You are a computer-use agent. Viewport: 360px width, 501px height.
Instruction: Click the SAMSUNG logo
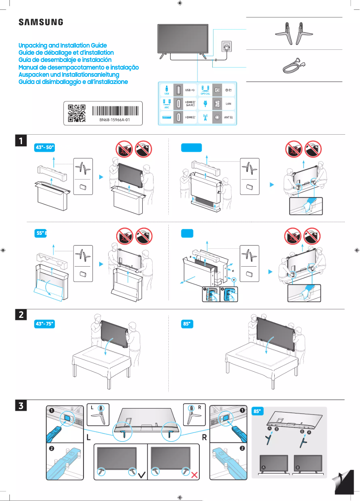tap(40, 22)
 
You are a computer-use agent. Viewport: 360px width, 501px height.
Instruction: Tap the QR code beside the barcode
tap(76, 114)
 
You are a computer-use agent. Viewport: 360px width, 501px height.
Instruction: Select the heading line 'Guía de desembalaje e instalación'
tap(65, 60)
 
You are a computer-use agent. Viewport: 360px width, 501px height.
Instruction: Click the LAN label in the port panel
tap(228, 103)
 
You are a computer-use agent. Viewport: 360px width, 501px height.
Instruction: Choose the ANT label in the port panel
tap(228, 117)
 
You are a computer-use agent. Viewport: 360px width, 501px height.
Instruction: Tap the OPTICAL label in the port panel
tap(206, 93)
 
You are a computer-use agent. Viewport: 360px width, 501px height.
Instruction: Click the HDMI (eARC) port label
tap(190, 103)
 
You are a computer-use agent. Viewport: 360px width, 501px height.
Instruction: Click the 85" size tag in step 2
tap(187, 324)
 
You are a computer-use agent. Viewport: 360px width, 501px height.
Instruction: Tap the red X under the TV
tap(195, 474)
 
